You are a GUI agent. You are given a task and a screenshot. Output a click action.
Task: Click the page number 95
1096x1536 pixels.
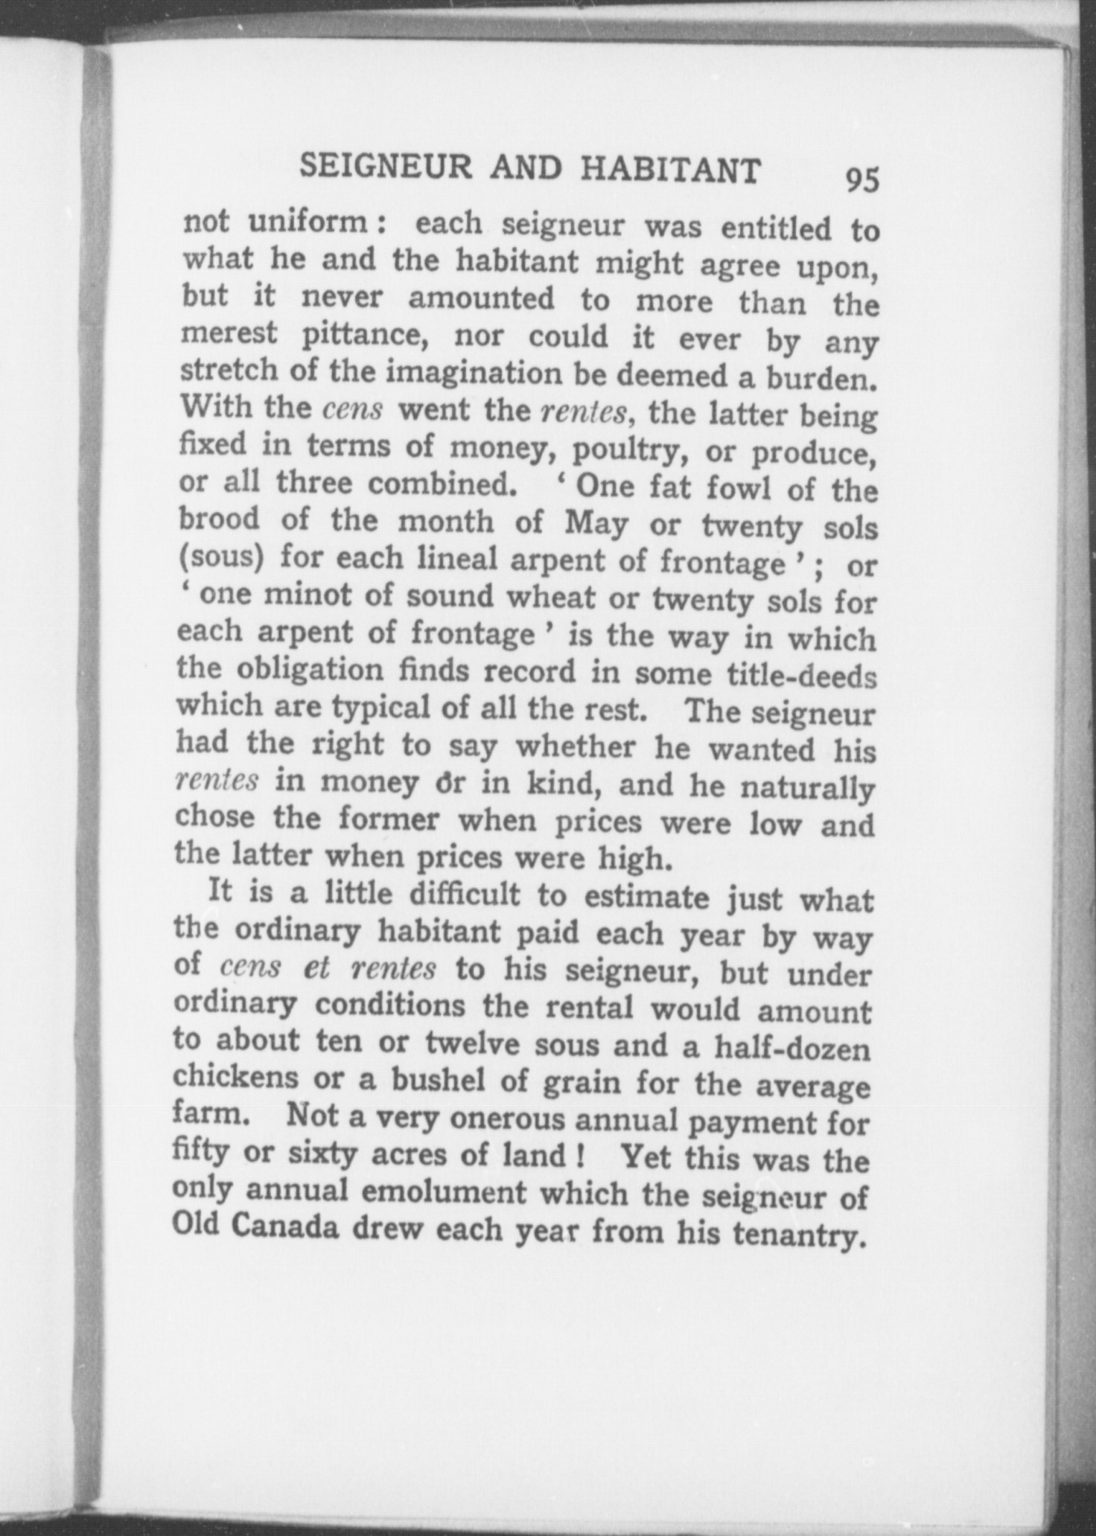tap(862, 180)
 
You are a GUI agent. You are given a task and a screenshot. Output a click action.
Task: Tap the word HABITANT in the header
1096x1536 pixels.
tap(670, 171)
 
